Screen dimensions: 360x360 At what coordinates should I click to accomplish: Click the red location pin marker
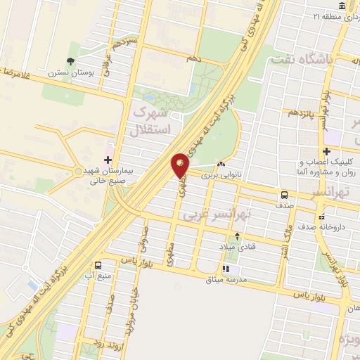tap(180, 166)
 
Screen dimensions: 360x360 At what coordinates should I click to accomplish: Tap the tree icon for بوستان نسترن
tap(70, 62)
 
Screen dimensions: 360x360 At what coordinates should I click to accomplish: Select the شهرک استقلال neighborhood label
tap(150, 121)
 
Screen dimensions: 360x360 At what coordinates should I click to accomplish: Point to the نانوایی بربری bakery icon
tap(221, 165)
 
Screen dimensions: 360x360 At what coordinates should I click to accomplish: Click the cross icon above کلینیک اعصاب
tap(326, 151)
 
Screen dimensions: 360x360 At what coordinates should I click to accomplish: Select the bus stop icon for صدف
tap(283, 195)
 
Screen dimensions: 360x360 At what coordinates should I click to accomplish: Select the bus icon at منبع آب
tap(97, 265)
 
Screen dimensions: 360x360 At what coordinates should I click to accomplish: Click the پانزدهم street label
tap(299, 112)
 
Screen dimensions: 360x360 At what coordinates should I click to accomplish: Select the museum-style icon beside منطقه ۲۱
tap(342, 6)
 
